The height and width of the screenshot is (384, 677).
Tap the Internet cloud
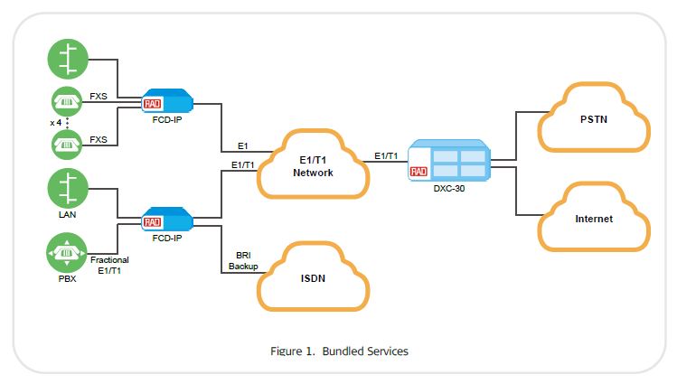(593, 218)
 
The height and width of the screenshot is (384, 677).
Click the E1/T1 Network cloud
(313, 165)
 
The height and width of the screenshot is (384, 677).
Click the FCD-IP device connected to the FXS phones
(168, 101)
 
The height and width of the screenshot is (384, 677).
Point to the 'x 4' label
(56, 121)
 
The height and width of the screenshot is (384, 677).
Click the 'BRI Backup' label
(243, 262)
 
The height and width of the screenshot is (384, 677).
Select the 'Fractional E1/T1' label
(109, 265)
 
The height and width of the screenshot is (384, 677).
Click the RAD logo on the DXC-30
(418, 170)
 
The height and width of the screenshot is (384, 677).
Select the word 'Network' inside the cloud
(313, 173)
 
